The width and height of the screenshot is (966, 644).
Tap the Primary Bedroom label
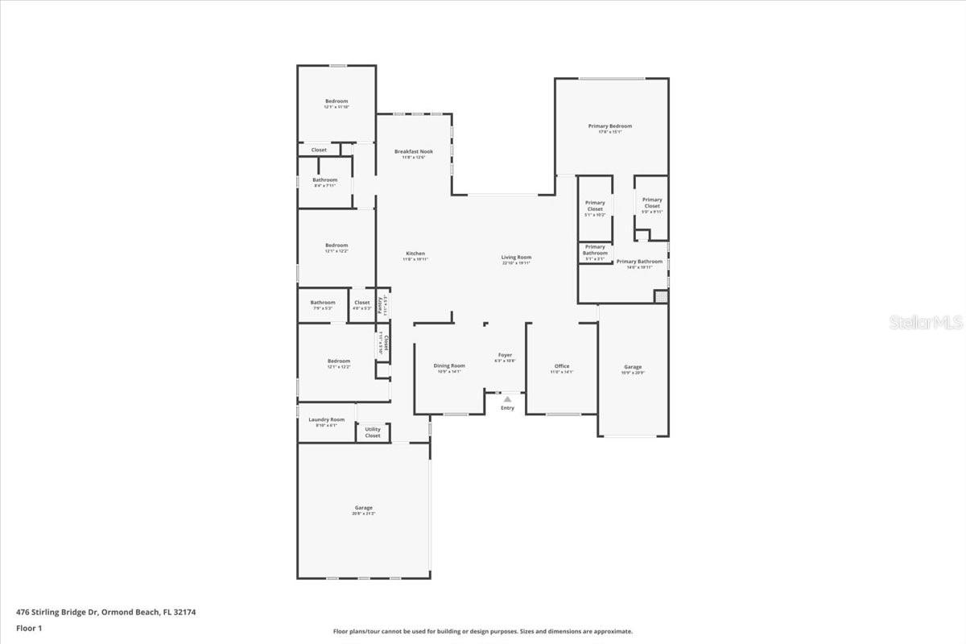pyautogui.click(x=609, y=126)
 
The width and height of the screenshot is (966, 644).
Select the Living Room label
pyautogui.click(x=516, y=258)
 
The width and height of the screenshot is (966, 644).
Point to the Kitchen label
pyautogui.click(x=415, y=254)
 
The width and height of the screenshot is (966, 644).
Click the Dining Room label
pyautogui.click(x=449, y=366)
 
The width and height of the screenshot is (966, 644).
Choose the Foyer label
pyautogui.click(x=505, y=355)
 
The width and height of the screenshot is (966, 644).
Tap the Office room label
pyautogui.click(x=561, y=366)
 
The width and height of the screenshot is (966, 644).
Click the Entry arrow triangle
pyautogui.click(x=507, y=398)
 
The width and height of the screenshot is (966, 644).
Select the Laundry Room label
pyautogui.click(x=326, y=419)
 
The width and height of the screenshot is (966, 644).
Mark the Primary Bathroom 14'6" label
pyautogui.click(x=639, y=262)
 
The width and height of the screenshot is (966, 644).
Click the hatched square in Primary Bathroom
pyautogui.click(x=661, y=296)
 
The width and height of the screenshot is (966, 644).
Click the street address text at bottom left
pyautogui.click(x=105, y=612)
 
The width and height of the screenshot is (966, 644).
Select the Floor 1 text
pyautogui.click(x=28, y=627)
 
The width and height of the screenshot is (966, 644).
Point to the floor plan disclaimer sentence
pyautogui.click(x=483, y=632)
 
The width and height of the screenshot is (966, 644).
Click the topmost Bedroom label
pyautogui.click(x=336, y=101)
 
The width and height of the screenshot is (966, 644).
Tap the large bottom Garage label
pyautogui.click(x=364, y=508)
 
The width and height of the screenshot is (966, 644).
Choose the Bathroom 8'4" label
pyautogui.click(x=325, y=180)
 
